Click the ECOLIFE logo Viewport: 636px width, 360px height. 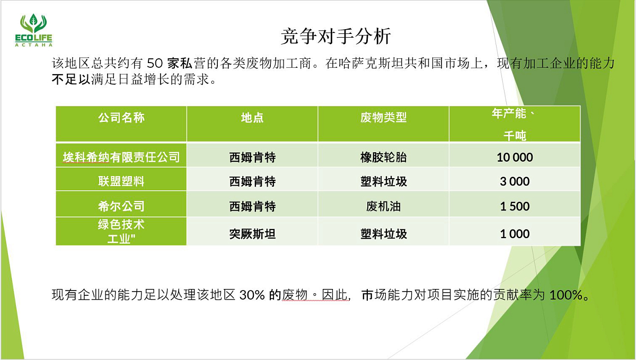click(x=34, y=30)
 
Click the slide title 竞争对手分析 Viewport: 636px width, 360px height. click(x=336, y=37)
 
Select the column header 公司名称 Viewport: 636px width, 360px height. click(x=121, y=117)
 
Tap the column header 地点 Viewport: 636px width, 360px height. click(x=252, y=117)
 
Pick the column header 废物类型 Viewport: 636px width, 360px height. click(x=383, y=117)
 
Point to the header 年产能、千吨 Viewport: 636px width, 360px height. click(x=515, y=124)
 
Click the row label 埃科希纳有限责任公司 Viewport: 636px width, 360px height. click(x=121, y=157)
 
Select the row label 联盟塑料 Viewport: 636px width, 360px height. click(x=121, y=181)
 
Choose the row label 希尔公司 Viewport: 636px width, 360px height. click(x=121, y=206)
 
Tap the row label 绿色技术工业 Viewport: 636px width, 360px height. click(x=121, y=231)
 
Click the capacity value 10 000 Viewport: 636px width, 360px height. click(x=515, y=157)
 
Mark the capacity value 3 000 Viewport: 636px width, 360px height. click(x=515, y=181)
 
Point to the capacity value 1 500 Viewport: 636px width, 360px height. click(x=515, y=206)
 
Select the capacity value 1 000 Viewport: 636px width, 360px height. click(x=515, y=234)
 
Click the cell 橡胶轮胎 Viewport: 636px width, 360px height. click(x=383, y=157)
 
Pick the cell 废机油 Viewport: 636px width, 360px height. click(x=383, y=206)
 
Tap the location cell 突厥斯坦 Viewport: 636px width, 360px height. click(x=252, y=234)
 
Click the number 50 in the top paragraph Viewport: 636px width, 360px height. click(x=155, y=64)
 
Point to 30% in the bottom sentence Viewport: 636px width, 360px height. click(x=252, y=295)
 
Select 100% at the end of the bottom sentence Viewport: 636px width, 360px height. click(x=566, y=295)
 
